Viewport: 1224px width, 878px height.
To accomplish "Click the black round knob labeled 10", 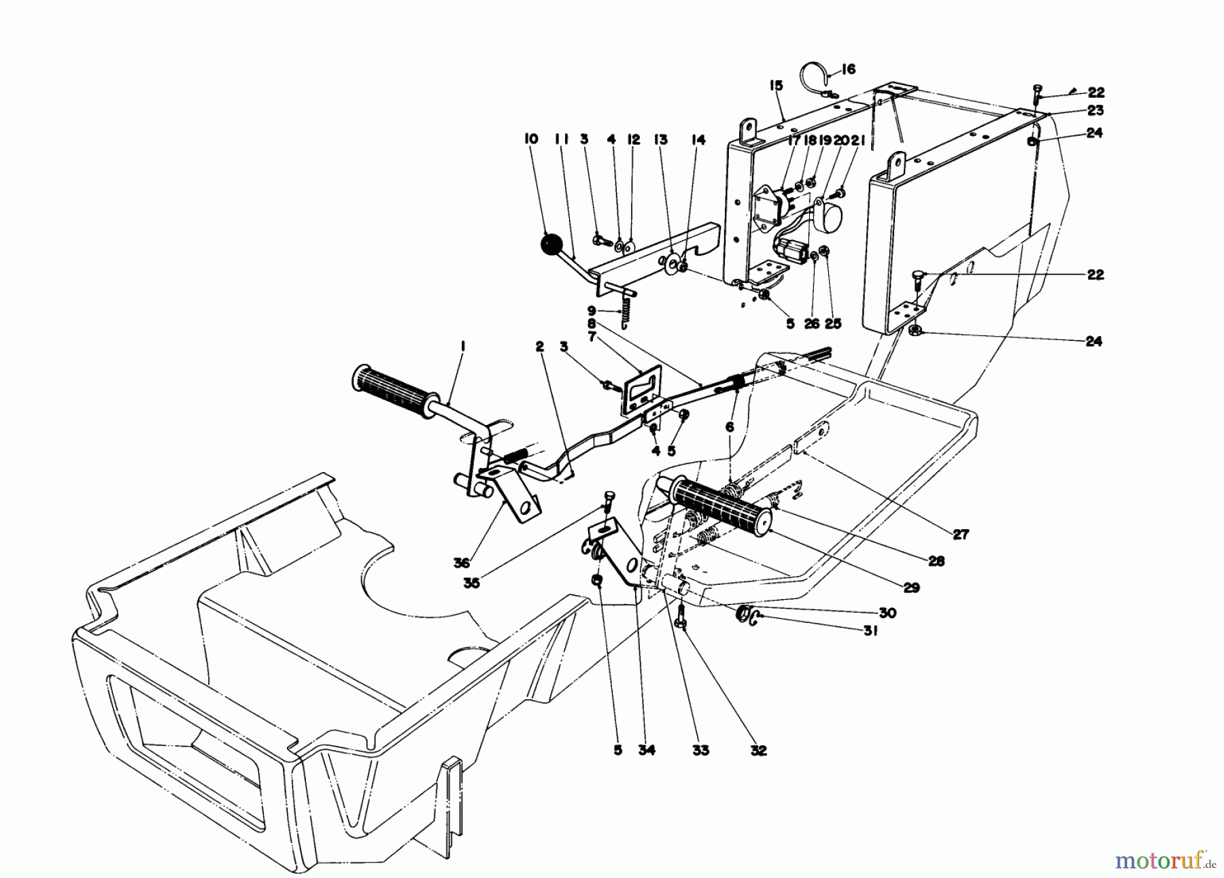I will [552, 246].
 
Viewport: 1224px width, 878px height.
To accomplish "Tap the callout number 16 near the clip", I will [848, 69].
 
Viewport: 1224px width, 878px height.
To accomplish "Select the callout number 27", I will [960, 535].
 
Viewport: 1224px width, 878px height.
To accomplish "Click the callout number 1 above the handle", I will [462, 347].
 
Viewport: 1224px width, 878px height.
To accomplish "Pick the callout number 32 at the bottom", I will [758, 751].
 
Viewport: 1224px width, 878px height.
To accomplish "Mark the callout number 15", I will [777, 86].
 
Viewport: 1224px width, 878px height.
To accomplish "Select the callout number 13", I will [661, 139].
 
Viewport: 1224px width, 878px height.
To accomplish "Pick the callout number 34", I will [647, 751].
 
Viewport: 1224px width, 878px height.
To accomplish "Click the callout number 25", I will [833, 324].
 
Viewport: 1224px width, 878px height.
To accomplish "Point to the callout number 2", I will [540, 347].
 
